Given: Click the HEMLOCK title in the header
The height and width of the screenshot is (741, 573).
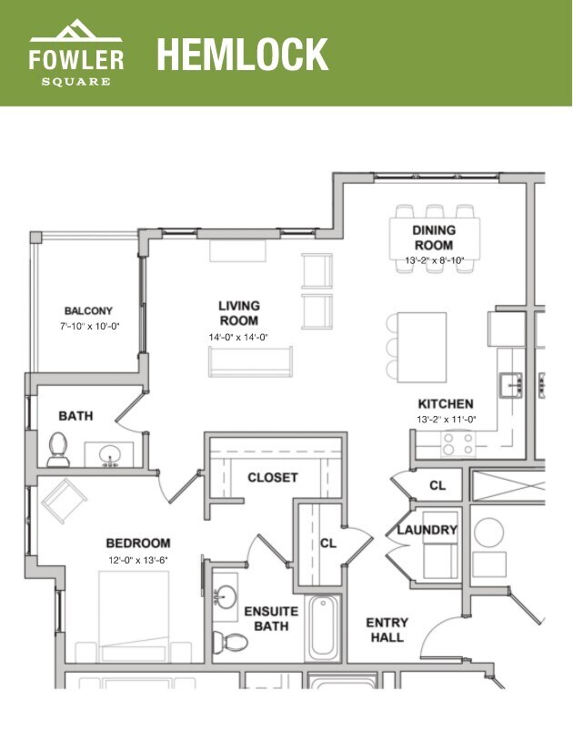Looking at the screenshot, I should point(242,55).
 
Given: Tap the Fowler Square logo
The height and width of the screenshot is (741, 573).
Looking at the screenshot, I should point(76,55).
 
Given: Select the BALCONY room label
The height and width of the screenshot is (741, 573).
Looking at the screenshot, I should point(88,310).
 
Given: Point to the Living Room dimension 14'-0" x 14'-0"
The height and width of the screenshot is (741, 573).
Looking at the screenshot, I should point(238,337).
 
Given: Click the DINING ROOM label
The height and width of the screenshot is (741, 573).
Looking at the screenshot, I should point(434,239).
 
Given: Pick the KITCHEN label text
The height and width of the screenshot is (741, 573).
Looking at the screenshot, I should point(446,404).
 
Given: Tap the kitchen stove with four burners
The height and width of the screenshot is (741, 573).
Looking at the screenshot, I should point(457,442).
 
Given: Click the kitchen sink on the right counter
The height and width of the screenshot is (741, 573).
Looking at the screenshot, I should point(512,383).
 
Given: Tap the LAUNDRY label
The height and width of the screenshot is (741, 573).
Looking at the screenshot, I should point(427,530).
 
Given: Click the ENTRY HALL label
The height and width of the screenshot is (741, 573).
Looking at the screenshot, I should point(387,630).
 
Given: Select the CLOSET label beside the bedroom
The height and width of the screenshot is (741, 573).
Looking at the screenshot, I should point(273,477).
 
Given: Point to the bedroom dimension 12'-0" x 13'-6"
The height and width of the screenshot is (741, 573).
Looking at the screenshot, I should point(138,559).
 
